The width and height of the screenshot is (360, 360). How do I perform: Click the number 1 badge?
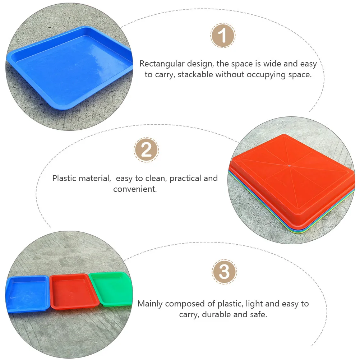coord(223,36)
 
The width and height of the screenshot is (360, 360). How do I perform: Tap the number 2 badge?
coord(146,150)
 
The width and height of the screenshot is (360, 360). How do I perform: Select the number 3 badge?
coord(224,272)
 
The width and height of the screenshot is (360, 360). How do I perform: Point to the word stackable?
coord(195,75)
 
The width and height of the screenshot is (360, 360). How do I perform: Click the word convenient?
coord(135,189)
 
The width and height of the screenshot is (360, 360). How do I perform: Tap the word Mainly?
coord(150,304)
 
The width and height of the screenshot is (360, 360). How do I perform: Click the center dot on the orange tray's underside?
coord(290,166)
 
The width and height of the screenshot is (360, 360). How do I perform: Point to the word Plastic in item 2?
coord(64,178)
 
